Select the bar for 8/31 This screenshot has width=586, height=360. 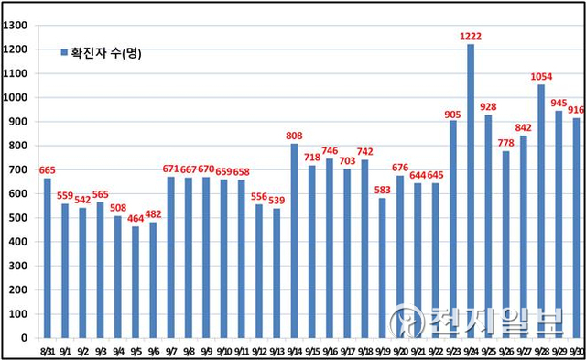point(47,257)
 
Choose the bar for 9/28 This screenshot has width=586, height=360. point(541,211)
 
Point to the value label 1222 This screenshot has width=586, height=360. point(471,36)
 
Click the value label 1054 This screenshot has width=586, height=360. point(541,76)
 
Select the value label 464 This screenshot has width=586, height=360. point(136,218)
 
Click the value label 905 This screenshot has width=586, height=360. point(453,112)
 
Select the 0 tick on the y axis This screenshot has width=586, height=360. point(27,337)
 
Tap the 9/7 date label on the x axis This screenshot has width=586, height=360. point(170,351)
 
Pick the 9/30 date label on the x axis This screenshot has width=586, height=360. point(577,351)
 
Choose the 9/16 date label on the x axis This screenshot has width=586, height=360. point(330,351)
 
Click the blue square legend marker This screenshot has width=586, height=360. point(63,53)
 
